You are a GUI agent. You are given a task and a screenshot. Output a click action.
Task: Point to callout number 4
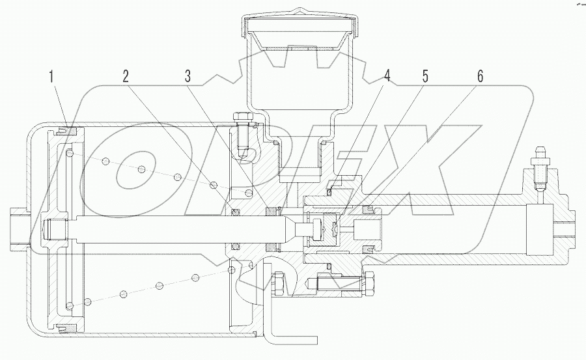coord(387,76)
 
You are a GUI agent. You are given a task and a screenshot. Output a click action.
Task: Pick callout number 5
coord(425,76)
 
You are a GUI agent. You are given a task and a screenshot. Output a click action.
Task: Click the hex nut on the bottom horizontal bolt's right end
coord(367,283)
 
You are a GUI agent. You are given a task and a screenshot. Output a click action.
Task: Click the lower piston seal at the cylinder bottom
coord(70,327)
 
